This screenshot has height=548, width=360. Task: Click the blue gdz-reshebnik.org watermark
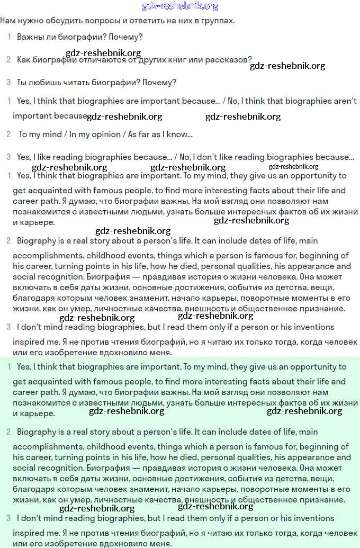(x=180, y=6)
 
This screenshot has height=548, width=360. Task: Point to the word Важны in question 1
(x=30, y=38)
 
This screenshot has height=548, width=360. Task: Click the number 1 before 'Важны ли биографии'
(x=9, y=37)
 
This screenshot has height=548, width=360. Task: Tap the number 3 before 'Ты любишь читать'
(x=8, y=82)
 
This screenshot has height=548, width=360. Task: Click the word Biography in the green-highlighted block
(x=35, y=432)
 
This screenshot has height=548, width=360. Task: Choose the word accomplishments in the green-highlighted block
(x=43, y=446)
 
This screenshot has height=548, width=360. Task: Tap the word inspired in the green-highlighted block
(x=29, y=533)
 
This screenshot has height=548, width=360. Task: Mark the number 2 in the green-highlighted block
(x=8, y=432)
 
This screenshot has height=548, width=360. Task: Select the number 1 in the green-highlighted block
(x=9, y=366)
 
